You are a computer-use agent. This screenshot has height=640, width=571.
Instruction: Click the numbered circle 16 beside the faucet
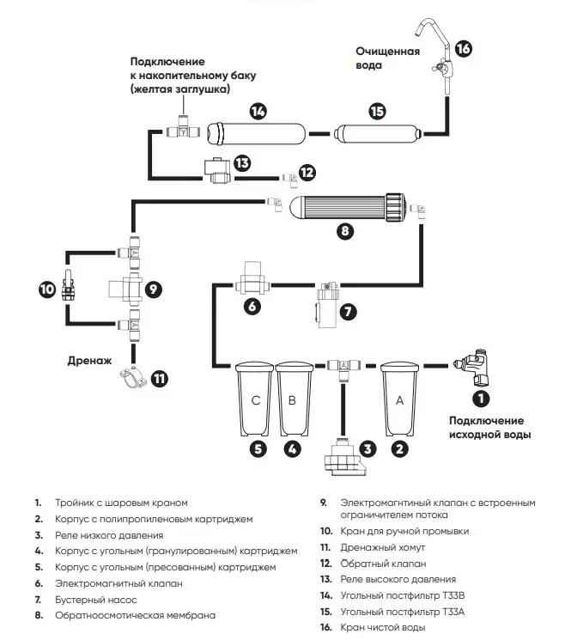(463, 49)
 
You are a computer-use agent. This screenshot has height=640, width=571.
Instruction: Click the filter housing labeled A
(400, 397)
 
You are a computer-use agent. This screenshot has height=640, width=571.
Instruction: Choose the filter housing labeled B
(292, 399)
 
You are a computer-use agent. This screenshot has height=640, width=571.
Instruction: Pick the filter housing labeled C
(254, 399)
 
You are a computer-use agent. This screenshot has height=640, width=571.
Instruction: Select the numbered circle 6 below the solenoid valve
(252, 305)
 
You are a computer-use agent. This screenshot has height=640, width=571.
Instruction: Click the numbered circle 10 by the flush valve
(46, 290)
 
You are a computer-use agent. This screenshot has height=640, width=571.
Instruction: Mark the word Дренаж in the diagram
(89, 363)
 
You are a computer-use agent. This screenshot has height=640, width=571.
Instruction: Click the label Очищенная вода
(388, 58)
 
